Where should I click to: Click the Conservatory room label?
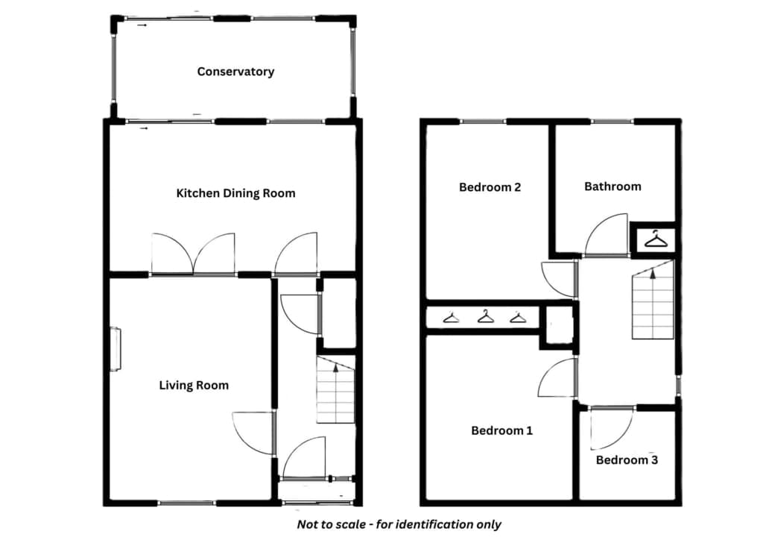tap(235, 72)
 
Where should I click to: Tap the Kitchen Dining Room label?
tap(235, 193)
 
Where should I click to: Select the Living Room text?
tap(194, 386)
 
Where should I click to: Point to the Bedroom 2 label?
tap(490, 187)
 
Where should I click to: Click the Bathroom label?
tap(612, 186)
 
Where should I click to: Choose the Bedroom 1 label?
tap(501, 430)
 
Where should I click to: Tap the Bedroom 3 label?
tap(627, 459)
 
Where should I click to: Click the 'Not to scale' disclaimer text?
tap(399, 524)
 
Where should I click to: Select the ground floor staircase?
tap(336, 389)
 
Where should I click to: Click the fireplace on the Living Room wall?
tap(115, 350)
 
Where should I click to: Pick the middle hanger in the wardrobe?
tap(485, 317)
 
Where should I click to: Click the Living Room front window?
tap(186, 503)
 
